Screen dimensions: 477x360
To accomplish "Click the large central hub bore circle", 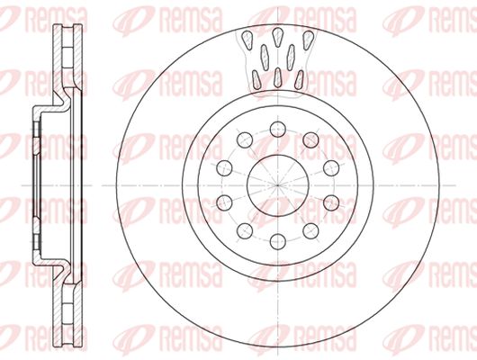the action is (x=278, y=155).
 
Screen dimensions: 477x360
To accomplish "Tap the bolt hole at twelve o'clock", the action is (x=278, y=129).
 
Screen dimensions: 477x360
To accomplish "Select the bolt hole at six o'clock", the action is (x=278, y=241).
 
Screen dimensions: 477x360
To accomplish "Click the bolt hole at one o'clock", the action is (x=310, y=140).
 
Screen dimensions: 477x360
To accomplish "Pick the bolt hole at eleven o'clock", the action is (x=245, y=140).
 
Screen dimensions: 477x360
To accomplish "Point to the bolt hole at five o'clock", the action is (x=310, y=231).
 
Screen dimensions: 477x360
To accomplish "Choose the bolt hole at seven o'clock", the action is (x=245, y=231).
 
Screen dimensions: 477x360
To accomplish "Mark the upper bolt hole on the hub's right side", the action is (x=331, y=168).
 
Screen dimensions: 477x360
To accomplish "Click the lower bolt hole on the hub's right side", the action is (x=331, y=202).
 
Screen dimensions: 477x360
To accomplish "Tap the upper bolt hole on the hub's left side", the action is (x=224, y=168).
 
